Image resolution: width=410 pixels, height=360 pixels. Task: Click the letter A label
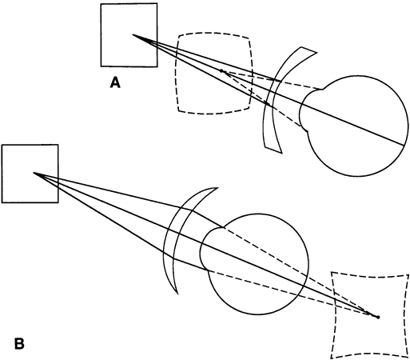click(x=115, y=82)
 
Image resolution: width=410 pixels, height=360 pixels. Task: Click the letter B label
click(x=19, y=343)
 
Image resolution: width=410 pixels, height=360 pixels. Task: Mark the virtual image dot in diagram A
click(x=221, y=70)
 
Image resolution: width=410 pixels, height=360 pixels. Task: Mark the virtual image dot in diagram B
click(x=377, y=317)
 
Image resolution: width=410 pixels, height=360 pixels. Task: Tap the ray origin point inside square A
click(x=133, y=34)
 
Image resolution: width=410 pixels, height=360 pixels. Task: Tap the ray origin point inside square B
click(x=34, y=173)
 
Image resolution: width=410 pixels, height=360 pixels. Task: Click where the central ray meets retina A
click(x=404, y=146)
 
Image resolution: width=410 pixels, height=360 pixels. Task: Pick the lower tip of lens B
click(x=177, y=294)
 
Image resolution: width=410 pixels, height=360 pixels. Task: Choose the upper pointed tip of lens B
click(x=218, y=188)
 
